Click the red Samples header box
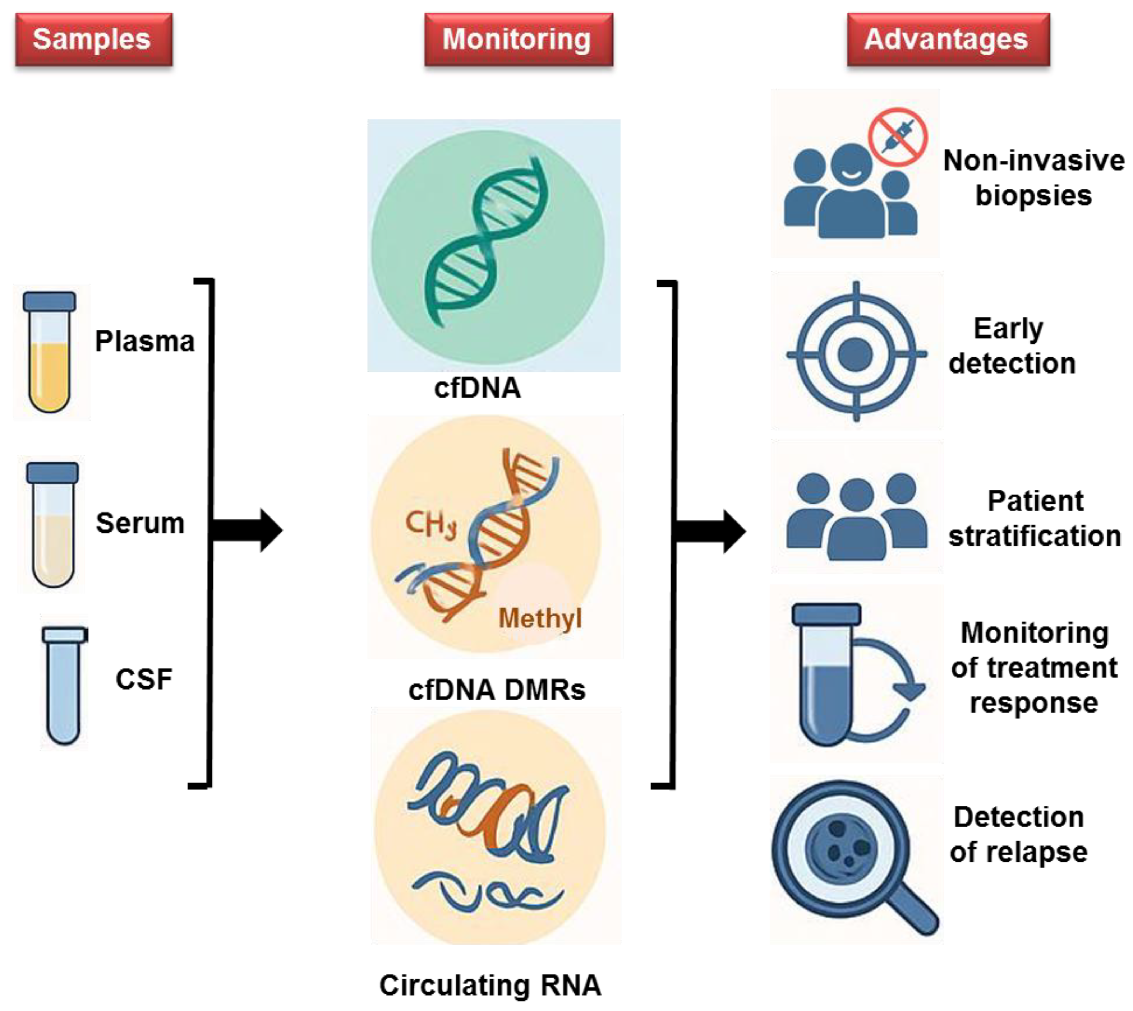(93, 40)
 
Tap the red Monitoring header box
(519, 40)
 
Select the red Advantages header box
(948, 40)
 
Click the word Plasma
(144, 341)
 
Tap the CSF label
(143, 679)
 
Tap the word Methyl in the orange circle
(540, 618)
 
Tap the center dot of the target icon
(855, 353)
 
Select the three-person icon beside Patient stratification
(856, 515)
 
